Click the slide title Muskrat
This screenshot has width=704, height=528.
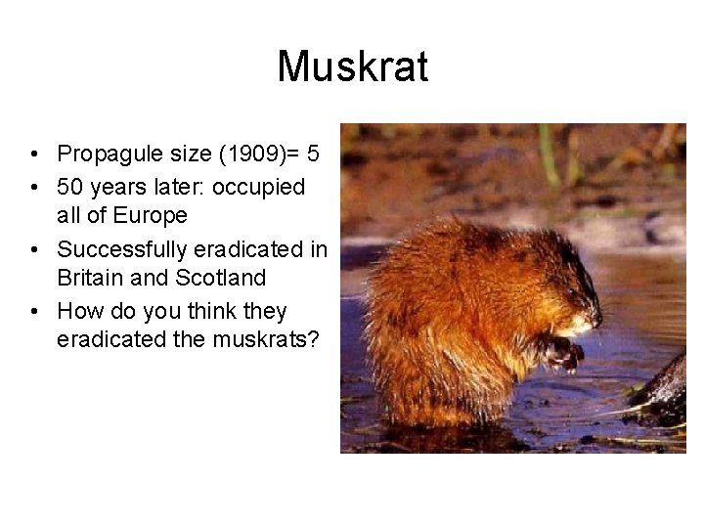pos(352,66)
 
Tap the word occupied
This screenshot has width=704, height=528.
pos(265,186)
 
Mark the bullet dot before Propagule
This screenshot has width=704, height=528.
pos(34,155)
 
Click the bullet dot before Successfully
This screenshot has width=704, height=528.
pos(34,249)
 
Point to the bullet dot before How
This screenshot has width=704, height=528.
pos(34,312)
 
